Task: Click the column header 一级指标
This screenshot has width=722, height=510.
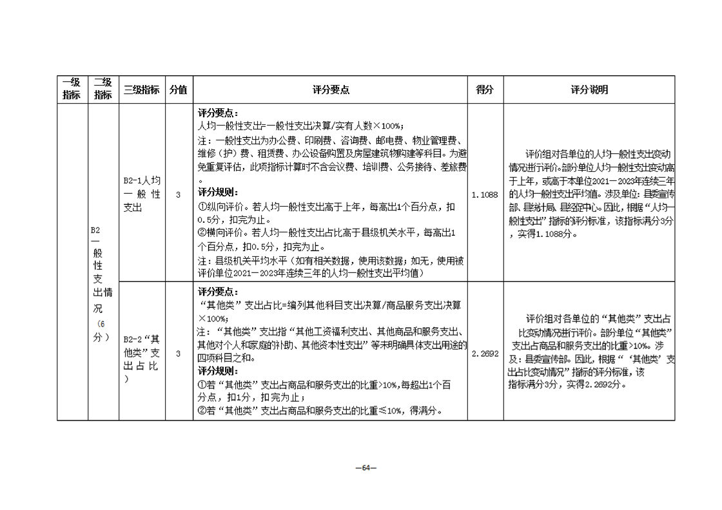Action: click(x=72, y=90)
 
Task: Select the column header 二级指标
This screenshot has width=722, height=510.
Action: click(x=103, y=90)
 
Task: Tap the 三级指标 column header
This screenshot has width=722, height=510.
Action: click(x=141, y=90)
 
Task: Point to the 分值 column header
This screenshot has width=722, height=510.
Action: click(x=178, y=90)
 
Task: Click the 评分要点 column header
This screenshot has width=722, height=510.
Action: click(x=330, y=90)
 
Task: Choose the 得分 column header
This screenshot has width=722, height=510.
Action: click(x=485, y=90)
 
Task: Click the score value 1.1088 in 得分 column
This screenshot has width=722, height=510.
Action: click(x=485, y=194)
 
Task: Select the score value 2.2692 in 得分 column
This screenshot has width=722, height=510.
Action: click(x=485, y=354)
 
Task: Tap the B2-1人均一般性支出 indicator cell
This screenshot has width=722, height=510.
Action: click(x=141, y=194)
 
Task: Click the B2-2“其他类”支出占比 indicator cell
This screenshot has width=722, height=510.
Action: click(x=141, y=354)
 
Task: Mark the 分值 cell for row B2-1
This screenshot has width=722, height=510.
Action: click(x=178, y=194)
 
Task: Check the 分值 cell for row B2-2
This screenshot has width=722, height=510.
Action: click(x=178, y=354)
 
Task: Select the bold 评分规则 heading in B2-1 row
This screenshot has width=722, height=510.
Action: click(x=218, y=192)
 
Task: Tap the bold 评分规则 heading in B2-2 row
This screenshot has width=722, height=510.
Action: click(x=218, y=372)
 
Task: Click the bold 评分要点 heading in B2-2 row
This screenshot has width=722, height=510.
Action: click(x=218, y=291)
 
